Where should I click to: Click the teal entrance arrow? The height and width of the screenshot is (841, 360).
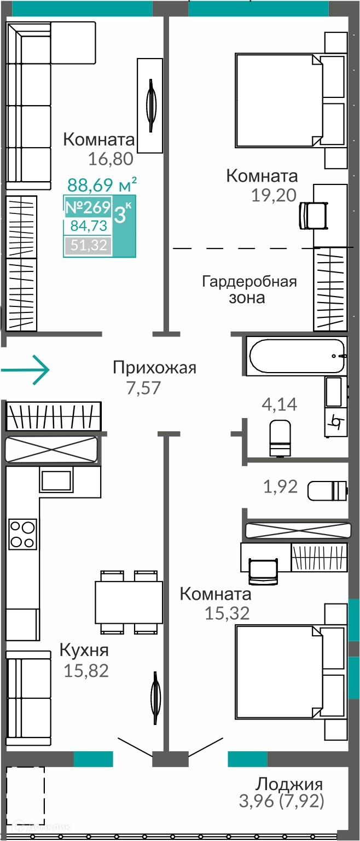click(25, 370)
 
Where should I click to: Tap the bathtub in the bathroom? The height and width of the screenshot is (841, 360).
click(297, 356)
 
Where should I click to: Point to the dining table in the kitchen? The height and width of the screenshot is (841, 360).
click(129, 602)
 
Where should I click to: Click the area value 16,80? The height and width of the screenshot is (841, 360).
click(111, 159)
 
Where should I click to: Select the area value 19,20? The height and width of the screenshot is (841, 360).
click(274, 195)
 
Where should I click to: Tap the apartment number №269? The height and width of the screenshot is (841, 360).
click(88, 207)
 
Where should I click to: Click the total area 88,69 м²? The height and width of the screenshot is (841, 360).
click(102, 185)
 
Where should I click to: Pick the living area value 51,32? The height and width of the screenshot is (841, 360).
click(89, 245)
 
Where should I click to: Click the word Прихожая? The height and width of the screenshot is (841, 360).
click(155, 368)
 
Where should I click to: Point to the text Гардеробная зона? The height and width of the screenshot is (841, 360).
click(249, 289)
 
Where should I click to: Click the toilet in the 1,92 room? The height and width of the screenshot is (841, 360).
click(327, 490)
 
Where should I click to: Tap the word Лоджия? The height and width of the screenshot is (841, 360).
click(289, 784)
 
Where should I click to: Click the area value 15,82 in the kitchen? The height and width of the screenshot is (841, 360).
click(86, 671)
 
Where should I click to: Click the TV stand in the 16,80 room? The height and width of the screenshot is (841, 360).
click(150, 106)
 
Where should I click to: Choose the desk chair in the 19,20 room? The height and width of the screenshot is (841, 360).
click(313, 215)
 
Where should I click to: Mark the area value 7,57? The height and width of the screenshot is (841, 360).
click(144, 388)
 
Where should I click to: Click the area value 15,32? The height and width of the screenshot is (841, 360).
click(227, 613)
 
